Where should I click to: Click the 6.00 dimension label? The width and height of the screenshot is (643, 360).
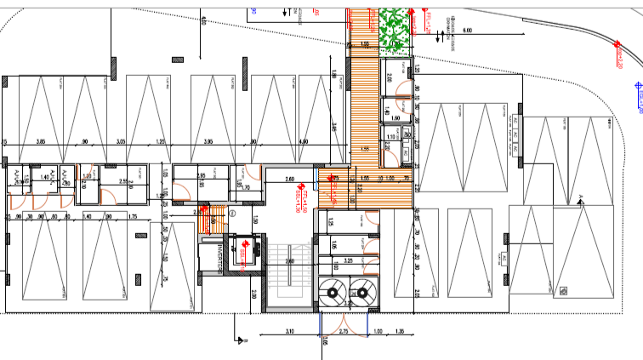pos(467,31)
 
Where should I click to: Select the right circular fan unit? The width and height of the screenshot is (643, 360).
pos(363,291)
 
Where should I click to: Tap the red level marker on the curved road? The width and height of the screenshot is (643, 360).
pos(621,58)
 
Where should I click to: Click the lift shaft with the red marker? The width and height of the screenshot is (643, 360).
pos(243,251)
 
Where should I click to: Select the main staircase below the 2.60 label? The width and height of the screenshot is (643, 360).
pos(289,281)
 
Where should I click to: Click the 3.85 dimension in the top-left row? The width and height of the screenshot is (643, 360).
pos(40,141)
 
